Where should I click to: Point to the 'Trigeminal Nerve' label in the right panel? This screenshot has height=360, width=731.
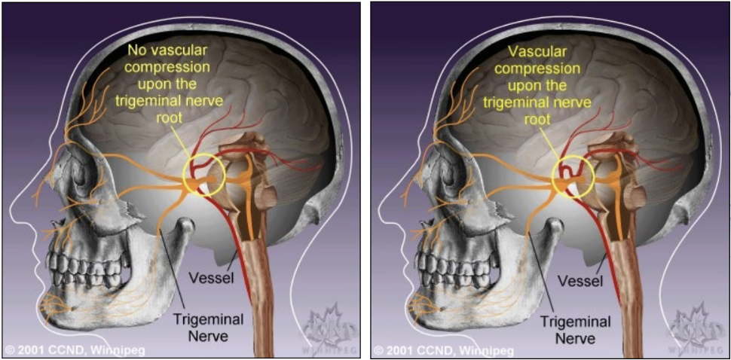570,328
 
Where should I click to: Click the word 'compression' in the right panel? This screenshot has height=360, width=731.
543,69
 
